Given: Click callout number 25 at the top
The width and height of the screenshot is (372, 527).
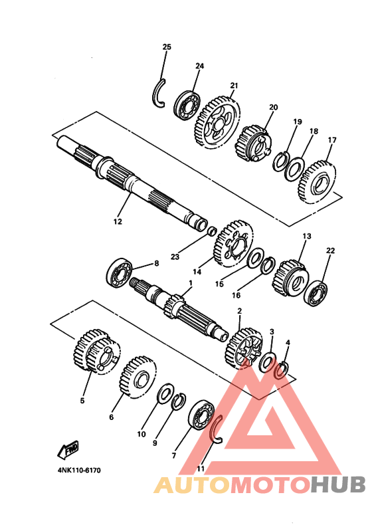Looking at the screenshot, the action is coord(167,47).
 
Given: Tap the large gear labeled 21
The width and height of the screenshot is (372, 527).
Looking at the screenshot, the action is coord(217,122).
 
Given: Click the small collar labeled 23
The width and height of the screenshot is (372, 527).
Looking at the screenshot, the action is coord(211,231).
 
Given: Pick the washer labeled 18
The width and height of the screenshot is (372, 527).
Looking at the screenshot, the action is coord(295,169).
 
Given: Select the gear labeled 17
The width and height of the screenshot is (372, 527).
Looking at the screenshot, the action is coord(317,182).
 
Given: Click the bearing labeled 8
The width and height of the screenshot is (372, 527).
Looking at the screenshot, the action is coord(119,272).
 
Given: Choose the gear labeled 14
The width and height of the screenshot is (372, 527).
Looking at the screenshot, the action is coord(233,243).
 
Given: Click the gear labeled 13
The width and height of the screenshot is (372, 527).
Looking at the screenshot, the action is coord(290,278).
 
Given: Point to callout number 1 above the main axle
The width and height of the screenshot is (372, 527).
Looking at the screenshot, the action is coord(191,283).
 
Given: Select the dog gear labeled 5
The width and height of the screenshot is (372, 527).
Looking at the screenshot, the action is coord(96,351).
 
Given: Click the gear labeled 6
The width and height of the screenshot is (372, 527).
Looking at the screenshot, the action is coord(138,377).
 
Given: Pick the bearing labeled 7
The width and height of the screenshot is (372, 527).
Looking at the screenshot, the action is coord(201,415).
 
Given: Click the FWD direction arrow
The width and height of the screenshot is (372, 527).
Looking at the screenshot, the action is coord(68,450).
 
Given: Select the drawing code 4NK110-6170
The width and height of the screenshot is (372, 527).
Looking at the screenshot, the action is coord(79,470).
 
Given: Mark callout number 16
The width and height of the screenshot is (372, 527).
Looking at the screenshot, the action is coord(236,295).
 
